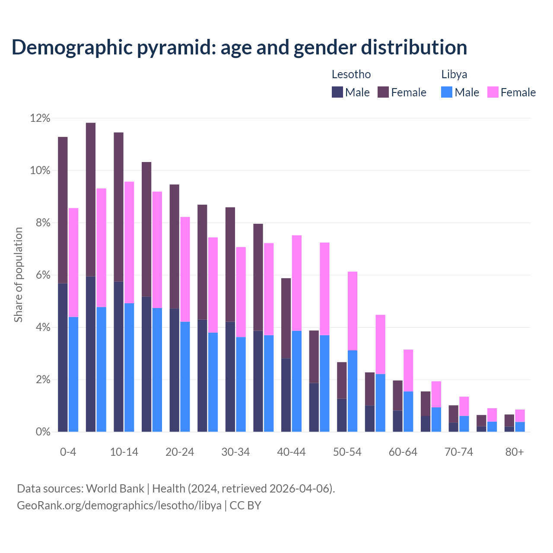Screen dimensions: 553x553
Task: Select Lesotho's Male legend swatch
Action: [x=337, y=92]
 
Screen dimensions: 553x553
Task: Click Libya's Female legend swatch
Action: [x=493, y=92]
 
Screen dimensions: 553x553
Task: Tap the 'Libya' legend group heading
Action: [x=454, y=74]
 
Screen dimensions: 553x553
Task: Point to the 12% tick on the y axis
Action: [x=40, y=118]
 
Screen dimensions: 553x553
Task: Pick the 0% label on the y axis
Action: [x=42, y=432]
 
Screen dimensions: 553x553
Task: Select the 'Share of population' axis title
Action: [x=18, y=275]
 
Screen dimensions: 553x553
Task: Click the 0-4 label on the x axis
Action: [x=68, y=452]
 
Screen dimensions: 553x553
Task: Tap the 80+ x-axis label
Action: [x=515, y=452]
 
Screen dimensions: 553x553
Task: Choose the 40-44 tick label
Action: [x=291, y=452]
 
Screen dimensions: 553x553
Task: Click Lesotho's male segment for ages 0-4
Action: [x=63, y=358]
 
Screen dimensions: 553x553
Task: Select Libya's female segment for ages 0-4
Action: [x=73, y=263]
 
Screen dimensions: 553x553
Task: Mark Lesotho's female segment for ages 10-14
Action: [x=118, y=207]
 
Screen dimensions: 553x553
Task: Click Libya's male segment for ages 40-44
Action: [x=297, y=381]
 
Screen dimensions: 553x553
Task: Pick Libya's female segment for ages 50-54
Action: [x=353, y=311]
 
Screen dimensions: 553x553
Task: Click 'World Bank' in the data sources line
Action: [x=115, y=489]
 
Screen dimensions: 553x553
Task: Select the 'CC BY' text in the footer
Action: [x=245, y=505]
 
